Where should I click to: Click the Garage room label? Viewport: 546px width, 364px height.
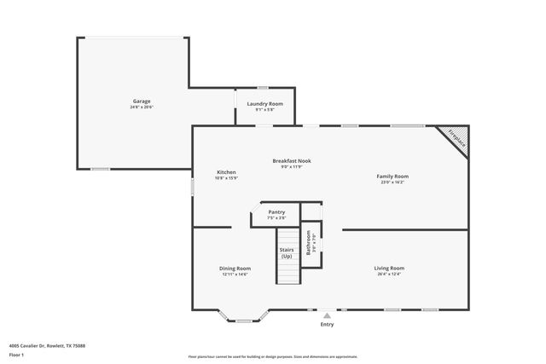[x=141, y=101]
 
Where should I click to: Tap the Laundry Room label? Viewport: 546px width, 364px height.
[x=264, y=104]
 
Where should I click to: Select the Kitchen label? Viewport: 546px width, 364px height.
[x=226, y=172]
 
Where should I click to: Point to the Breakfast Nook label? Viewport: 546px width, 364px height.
[x=292, y=160]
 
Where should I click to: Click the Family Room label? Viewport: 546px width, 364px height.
[x=392, y=176]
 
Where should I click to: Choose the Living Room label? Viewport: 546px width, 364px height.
[x=389, y=268]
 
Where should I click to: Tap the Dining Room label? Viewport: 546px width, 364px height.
[x=235, y=268]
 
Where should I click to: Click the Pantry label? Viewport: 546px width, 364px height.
[x=276, y=212]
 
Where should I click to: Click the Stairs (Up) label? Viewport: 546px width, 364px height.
[x=287, y=253]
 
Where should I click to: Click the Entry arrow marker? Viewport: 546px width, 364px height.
[x=327, y=315]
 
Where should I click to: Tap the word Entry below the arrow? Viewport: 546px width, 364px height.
[x=327, y=324]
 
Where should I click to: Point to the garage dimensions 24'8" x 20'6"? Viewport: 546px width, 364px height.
[x=141, y=107]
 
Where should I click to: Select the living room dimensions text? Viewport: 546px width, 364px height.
[x=389, y=274]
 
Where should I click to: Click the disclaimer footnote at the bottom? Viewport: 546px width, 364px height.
[x=273, y=356]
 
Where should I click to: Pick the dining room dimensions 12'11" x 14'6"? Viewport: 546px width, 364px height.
[x=235, y=274]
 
